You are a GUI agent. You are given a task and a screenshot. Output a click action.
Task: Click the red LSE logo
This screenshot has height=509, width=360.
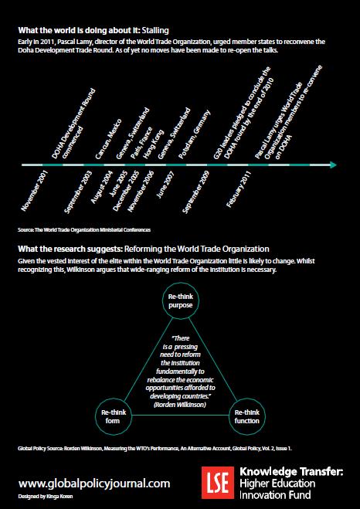pos(218,483)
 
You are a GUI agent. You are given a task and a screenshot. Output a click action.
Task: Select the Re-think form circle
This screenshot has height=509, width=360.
pos(114,416)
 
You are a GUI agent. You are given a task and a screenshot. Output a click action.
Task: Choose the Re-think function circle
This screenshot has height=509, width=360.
pos(247,416)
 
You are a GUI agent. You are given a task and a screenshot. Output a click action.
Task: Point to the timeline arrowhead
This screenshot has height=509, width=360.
pos(334,165)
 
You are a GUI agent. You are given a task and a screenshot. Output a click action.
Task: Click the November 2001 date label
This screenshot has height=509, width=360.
pos(35,189)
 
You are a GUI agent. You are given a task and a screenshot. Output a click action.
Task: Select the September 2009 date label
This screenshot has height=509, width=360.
pos(196,192)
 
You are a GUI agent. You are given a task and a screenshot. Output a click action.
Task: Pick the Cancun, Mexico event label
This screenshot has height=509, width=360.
pos(108,138)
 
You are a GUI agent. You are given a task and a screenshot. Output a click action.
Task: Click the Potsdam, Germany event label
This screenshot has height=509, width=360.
pos(195,134)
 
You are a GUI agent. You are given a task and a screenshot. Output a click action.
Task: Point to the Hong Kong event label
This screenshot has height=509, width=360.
pos(154,144)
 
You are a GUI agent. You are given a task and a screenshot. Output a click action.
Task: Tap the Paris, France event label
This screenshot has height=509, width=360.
pos(141,142)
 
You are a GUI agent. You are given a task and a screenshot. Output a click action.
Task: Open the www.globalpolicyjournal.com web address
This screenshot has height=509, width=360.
pos(94,484)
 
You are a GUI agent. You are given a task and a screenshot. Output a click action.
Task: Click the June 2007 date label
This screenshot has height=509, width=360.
pos(165,184)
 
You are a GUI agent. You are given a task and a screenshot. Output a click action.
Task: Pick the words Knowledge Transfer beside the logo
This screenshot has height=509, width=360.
pos(291,471)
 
